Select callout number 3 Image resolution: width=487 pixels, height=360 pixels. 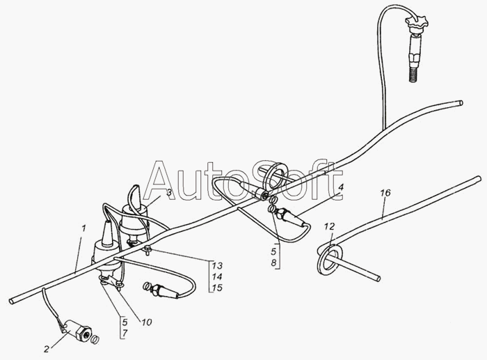168,194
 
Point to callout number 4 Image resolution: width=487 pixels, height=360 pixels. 340,188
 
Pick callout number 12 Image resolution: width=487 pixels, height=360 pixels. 329,226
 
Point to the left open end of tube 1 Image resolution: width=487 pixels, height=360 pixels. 12,300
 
